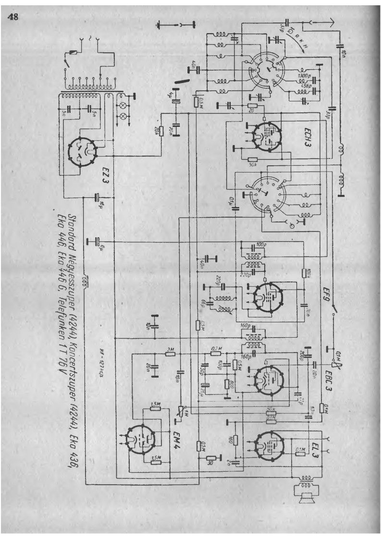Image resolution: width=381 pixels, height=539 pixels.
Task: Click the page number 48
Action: tap(13, 17)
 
